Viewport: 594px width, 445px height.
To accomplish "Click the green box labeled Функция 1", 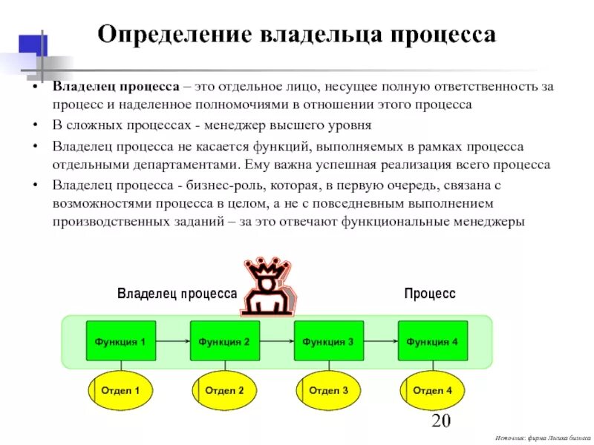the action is [x=121, y=341].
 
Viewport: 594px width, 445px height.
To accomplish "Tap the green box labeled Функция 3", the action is [x=328, y=341].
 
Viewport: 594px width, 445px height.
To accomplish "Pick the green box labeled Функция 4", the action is [x=432, y=341].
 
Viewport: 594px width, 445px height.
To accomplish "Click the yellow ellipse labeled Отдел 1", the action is [x=121, y=390].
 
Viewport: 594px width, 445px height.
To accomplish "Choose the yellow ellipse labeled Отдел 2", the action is [x=224, y=390].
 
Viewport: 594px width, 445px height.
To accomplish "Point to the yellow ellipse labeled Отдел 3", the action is [x=328, y=390].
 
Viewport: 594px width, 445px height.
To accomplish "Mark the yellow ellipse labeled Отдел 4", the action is [x=432, y=390].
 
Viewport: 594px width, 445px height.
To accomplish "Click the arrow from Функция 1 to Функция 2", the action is [x=173, y=342].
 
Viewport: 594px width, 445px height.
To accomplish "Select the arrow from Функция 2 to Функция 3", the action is [x=276, y=342].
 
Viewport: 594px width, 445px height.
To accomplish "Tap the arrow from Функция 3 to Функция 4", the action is [x=380, y=342].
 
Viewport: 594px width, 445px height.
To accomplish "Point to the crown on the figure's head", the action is [x=267, y=268].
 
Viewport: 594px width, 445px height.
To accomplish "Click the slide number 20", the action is [x=441, y=422].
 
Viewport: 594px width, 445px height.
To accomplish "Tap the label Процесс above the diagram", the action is [x=429, y=294].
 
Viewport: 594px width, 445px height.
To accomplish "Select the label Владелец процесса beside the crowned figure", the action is [x=177, y=294].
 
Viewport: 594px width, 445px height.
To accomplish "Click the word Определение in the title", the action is [x=174, y=35].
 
